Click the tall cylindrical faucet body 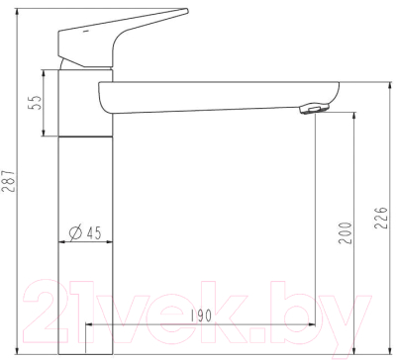point(84,218)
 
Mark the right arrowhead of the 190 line point(310,326)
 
